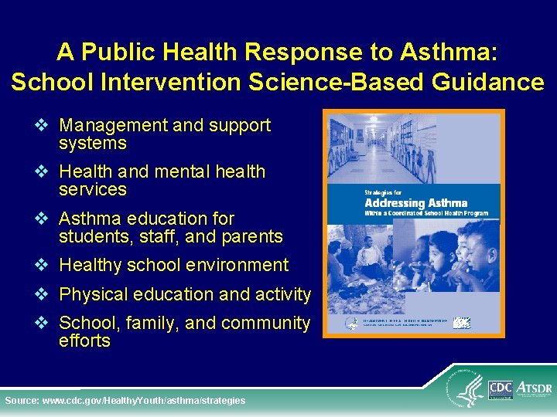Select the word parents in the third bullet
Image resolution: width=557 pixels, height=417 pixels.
click(255, 236)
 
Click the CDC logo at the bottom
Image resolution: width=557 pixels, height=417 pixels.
click(500, 389)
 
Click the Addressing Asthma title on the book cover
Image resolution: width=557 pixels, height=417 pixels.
click(416, 203)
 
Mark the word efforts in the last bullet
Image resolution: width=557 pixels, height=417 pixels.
click(84, 341)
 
